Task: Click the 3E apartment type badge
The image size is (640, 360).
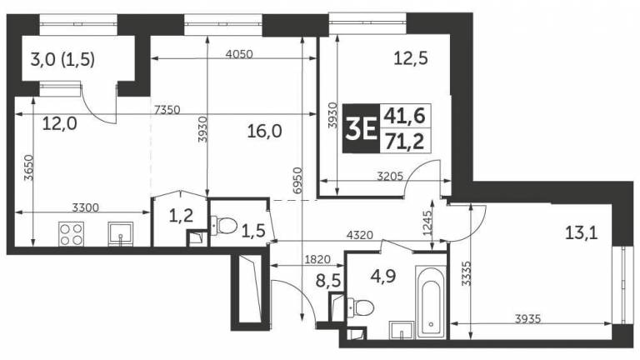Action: (x=361, y=128)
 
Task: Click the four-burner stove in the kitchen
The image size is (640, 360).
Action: (x=71, y=234)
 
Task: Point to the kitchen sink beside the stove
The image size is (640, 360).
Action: (x=120, y=234)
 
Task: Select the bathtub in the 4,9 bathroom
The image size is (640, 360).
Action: (x=431, y=302)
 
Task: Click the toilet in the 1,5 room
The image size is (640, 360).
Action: (x=224, y=225)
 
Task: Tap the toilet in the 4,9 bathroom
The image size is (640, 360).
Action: (x=361, y=307)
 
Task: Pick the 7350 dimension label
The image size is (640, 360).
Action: (x=167, y=109)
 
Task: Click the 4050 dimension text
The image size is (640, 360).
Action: (x=240, y=54)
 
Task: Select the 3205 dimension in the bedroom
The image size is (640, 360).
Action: (x=390, y=177)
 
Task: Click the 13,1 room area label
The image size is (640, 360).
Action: (x=581, y=233)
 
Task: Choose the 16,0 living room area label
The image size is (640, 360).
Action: (x=264, y=132)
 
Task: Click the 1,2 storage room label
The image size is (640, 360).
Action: (x=181, y=215)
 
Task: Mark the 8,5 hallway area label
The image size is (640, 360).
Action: (x=328, y=281)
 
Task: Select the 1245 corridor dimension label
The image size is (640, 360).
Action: (x=427, y=222)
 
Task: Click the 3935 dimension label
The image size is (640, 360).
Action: (x=528, y=318)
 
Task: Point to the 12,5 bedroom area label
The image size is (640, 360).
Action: (x=411, y=58)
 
